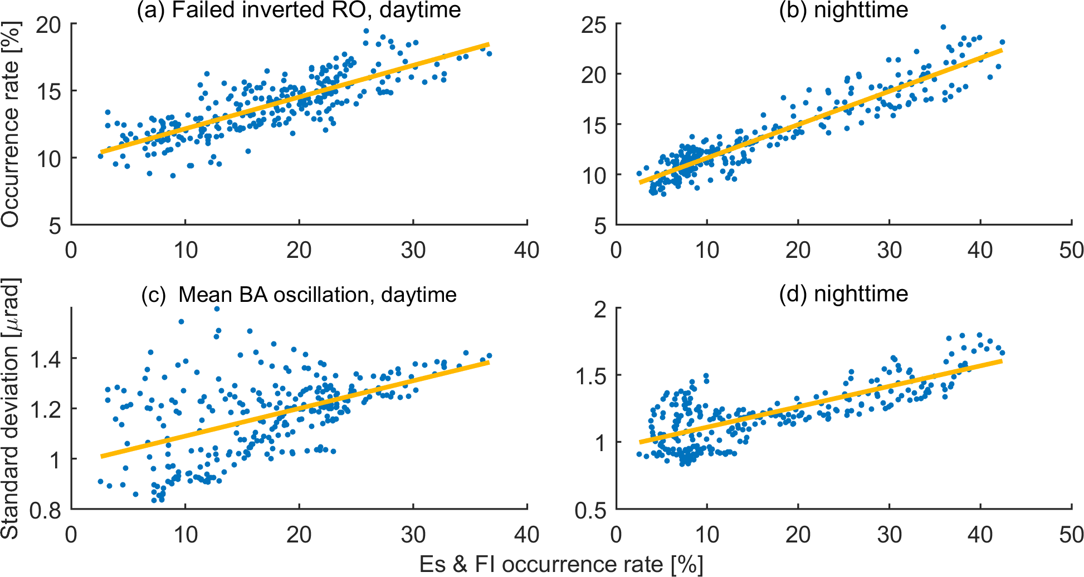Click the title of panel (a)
299,10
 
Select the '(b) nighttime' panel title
843,10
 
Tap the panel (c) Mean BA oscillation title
299,294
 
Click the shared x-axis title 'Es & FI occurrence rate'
561,564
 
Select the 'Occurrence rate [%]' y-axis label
11,125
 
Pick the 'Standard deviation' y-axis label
11,408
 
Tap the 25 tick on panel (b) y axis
594,25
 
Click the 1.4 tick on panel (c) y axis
46,359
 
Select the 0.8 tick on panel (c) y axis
46,510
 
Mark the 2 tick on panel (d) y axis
600,309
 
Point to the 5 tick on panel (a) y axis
55,226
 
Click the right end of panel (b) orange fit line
1002,50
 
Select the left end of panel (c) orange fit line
101,456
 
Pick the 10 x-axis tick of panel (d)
706,535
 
